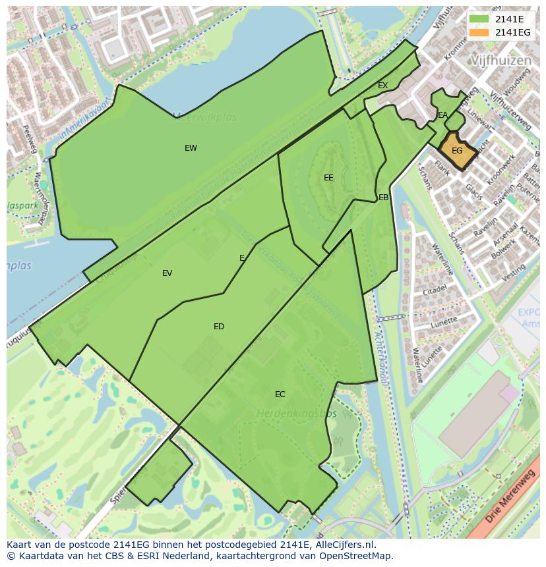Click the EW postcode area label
point(191,148)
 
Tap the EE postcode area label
point(328,178)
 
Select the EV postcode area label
point(167,273)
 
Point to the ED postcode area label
point(219,327)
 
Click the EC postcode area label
point(280,394)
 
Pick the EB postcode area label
point(384,198)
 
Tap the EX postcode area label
point(382,86)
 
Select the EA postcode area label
point(443,115)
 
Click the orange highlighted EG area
point(458,151)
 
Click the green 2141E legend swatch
point(479,19)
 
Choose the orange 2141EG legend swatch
point(479,32)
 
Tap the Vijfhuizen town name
point(501,61)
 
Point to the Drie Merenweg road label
point(510,494)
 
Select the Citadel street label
point(435,290)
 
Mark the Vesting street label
point(514,273)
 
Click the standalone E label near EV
point(242,258)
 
